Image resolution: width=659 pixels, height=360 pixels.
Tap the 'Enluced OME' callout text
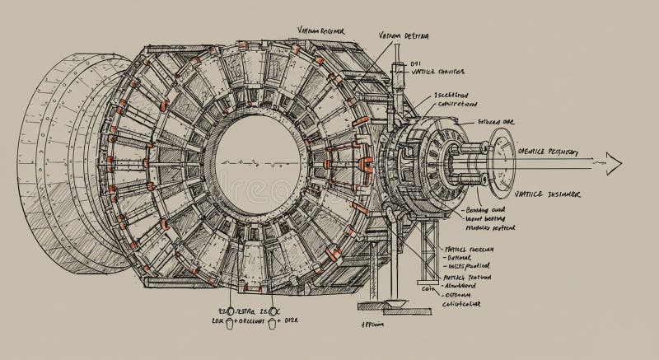(x=498, y=121)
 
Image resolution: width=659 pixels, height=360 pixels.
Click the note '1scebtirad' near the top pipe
(x=435, y=96)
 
